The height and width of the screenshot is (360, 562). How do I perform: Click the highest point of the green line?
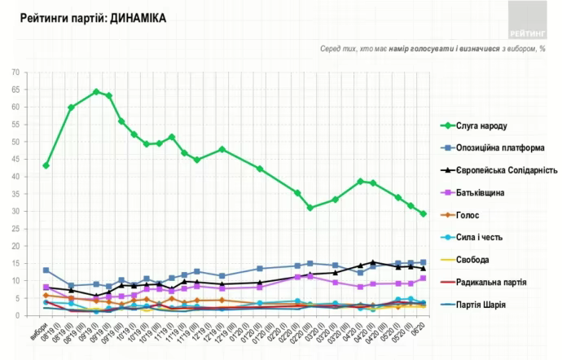tap(96, 91)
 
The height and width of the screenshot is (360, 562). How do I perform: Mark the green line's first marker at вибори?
tap(46, 165)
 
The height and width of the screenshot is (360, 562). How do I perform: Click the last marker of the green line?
tap(423, 213)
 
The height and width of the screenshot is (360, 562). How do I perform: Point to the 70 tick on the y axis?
tap(15, 72)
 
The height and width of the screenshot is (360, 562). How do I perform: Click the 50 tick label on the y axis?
tap(15, 142)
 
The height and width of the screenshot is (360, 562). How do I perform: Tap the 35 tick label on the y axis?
tap(15, 194)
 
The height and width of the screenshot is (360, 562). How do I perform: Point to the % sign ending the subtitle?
tap(542, 50)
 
